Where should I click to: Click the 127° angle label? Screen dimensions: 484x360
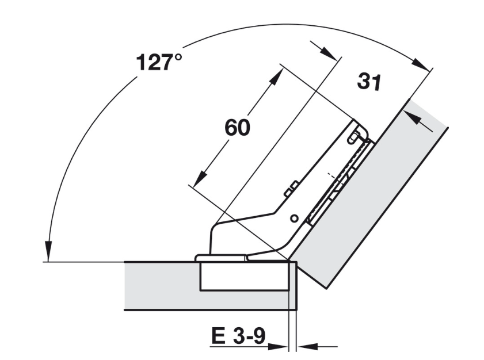click(159, 62)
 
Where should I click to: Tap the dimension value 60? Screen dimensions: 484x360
click(237, 128)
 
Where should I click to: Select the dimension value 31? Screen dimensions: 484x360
click(369, 82)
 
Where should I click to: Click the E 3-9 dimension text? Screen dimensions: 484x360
click(238, 336)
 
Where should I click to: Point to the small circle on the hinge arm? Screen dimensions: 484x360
click(294, 219)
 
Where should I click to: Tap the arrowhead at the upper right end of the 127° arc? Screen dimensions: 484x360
click(421, 64)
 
